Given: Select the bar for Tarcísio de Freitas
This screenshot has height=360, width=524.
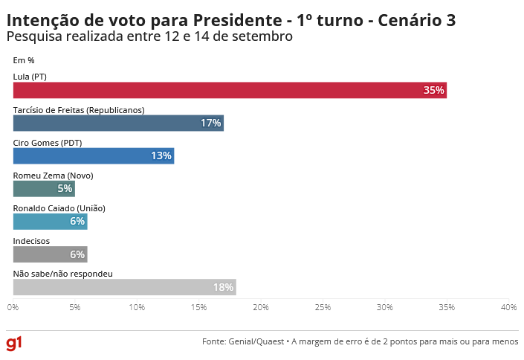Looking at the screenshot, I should pos(118,123).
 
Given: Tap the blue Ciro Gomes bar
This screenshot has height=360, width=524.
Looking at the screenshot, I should pos(93,155).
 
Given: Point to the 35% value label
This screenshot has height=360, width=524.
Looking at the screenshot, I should pos(433,90).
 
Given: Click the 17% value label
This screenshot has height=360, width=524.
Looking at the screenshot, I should pos(210,123).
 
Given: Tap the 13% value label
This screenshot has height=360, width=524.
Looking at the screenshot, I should pos(161,155).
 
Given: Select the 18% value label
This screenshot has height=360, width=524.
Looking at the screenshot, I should pos(223,287).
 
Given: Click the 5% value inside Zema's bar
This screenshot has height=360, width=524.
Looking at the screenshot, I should pos(65,188).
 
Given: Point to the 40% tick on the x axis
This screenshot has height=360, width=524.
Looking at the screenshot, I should pos(508,306).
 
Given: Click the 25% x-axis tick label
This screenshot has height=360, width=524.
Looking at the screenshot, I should pos(323,306).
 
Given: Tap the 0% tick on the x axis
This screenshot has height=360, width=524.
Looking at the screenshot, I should pos(13,306).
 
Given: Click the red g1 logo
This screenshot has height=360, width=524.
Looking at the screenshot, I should pos(14,342).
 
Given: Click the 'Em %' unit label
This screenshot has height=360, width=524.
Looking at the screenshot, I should pos(24,60).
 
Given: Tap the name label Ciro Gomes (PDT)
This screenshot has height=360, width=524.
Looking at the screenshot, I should pos(48,143).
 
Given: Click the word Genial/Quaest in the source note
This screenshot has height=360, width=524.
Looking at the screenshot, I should pos(254,341).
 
